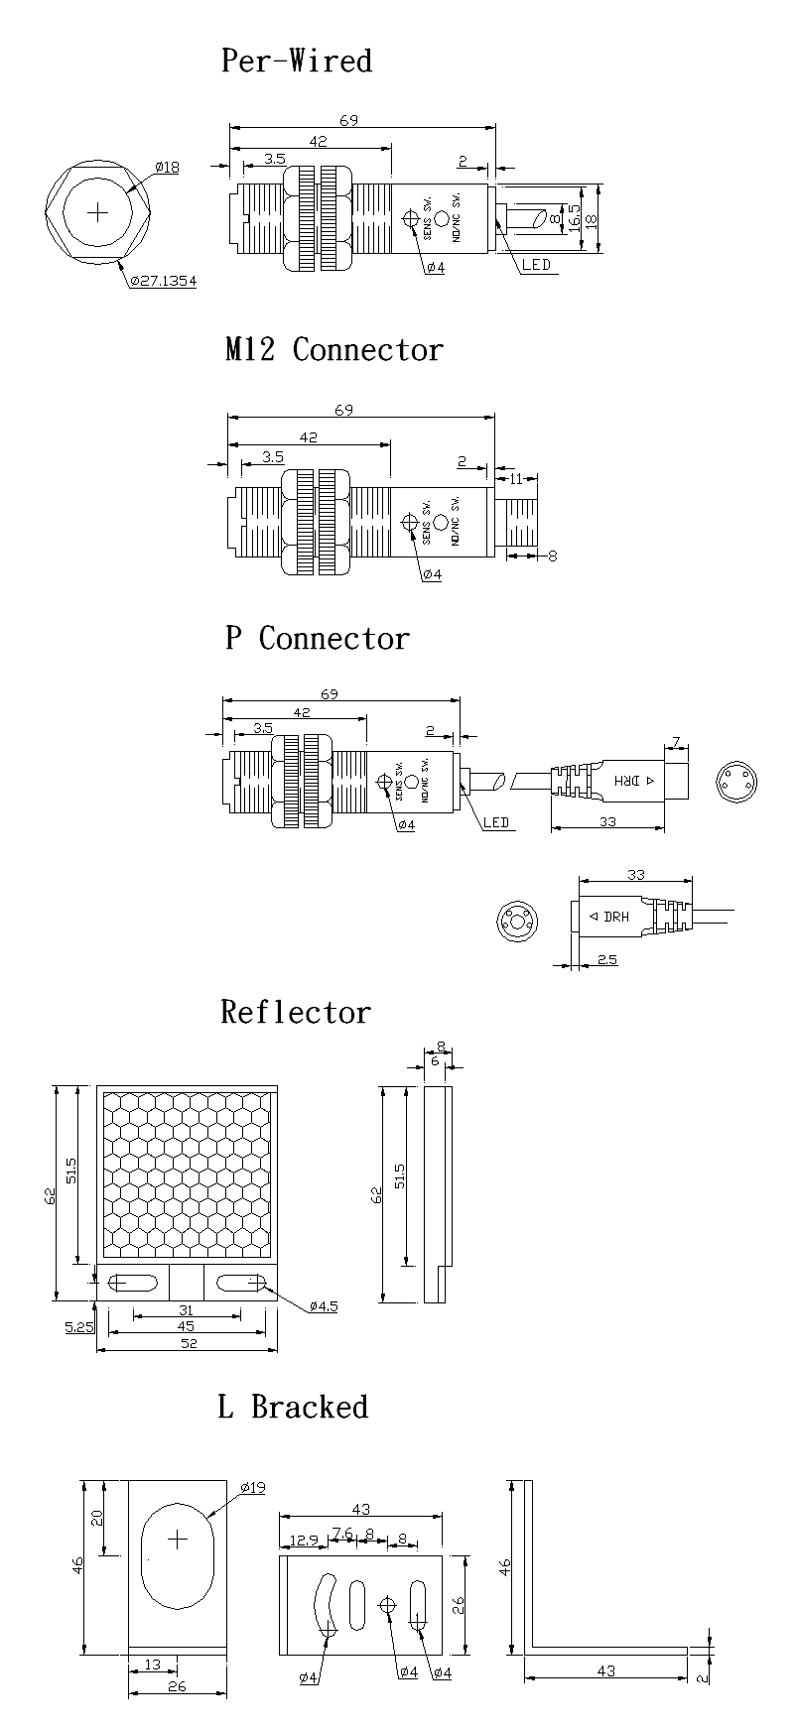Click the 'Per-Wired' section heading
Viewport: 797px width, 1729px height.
click(296, 61)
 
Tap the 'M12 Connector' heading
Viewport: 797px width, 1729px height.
click(332, 349)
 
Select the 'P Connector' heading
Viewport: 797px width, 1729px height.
click(317, 638)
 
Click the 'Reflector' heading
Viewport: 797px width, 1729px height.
click(295, 1012)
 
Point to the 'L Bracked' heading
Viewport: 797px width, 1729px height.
click(293, 1407)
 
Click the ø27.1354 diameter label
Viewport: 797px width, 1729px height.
click(163, 281)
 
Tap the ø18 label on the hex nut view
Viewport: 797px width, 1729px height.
click(168, 168)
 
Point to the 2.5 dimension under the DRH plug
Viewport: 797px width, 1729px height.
click(607, 960)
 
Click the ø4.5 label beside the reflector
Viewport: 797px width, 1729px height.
click(323, 1306)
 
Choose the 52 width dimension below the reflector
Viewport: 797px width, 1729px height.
click(188, 1343)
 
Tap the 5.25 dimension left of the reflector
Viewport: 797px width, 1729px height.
click(79, 1325)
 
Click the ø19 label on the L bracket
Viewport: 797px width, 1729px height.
click(253, 1487)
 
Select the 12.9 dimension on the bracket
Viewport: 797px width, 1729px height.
click(303, 1541)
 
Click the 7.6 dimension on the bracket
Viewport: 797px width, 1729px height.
click(341, 1534)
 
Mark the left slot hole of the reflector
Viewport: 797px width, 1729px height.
click(132, 1283)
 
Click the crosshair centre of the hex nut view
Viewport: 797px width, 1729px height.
click(98, 211)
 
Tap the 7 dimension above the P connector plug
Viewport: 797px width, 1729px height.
click(675, 741)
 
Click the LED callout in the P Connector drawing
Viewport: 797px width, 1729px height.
click(496, 822)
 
